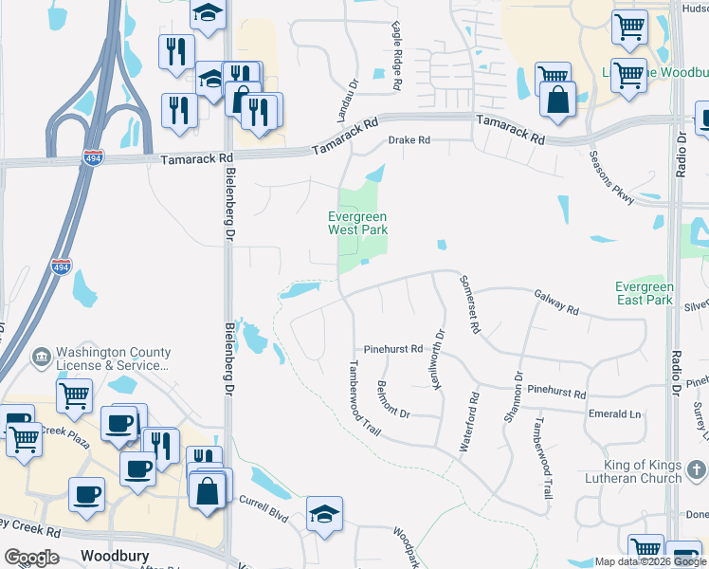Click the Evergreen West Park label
[357, 223]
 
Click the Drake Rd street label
[409, 140]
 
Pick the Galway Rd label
[555, 303]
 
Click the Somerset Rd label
[470, 303]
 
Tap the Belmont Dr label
[392, 399]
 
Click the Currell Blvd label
[263, 502]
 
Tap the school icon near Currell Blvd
[324, 513]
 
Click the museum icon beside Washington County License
[42, 358]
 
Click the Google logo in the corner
[32, 557]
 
